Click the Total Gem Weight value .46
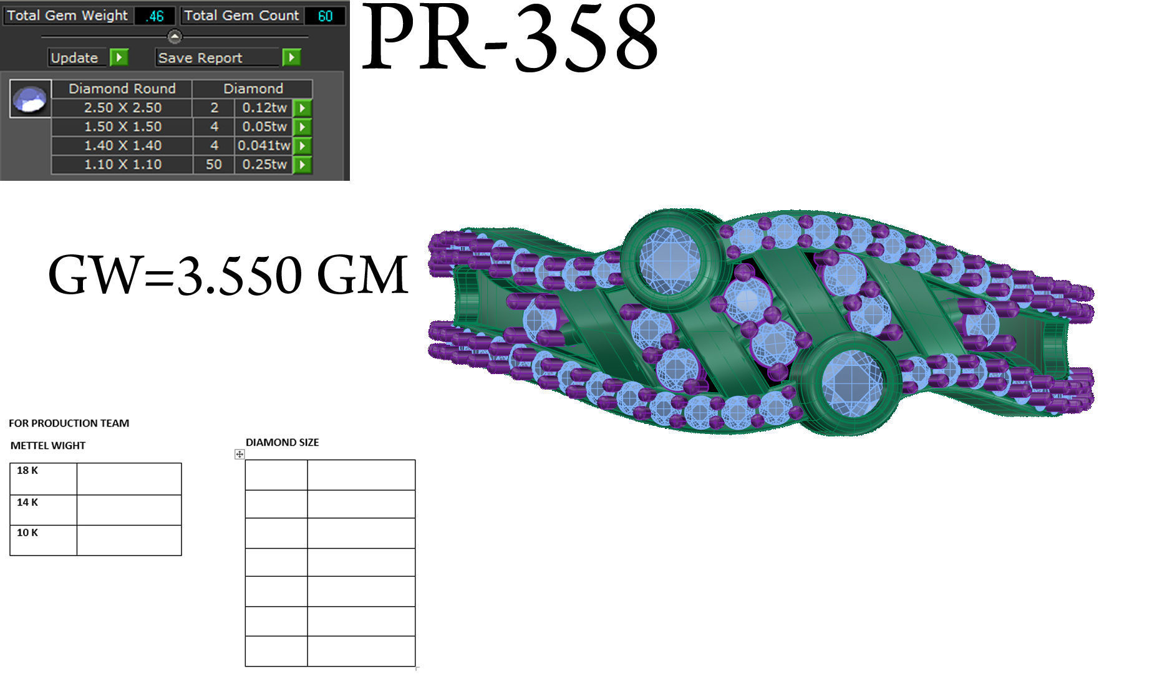click(x=153, y=16)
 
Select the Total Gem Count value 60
click(x=325, y=16)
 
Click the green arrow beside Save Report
click(x=291, y=58)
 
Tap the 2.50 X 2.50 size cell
click(x=122, y=108)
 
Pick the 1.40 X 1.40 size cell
click(x=122, y=146)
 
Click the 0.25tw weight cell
click(x=264, y=165)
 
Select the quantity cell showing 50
click(x=214, y=165)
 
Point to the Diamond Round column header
click(x=122, y=89)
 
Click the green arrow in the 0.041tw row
click(x=302, y=146)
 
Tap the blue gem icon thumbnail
click(x=31, y=99)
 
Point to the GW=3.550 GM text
click(x=228, y=274)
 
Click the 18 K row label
click(x=27, y=471)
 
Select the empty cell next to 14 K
click(x=129, y=510)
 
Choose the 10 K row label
click(x=27, y=533)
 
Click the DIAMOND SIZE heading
click(x=282, y=443)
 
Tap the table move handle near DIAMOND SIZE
click(x=240, y=455)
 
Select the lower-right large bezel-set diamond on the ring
click(x=851, y=382)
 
